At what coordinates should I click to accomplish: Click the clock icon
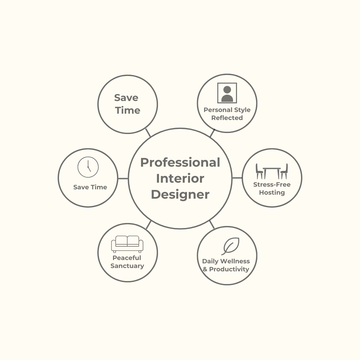[88, 167]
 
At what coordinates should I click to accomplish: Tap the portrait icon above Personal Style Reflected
[227, 93]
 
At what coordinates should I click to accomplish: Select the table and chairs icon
[272, 171]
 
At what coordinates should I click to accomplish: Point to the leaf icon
[231, 246]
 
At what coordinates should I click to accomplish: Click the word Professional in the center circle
[180, 162]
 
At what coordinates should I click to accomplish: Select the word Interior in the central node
[180, 178]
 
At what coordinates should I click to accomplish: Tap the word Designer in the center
[180, 194]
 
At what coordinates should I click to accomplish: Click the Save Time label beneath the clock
[90, 187]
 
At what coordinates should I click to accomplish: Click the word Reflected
[227, 118]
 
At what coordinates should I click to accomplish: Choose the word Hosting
[272, 193]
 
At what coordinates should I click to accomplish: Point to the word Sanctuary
[127, 266]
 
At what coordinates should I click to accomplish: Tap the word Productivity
[229, 269]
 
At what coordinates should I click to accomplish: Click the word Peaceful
[127, 258]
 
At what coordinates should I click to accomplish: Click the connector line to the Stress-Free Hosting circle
[237, 178]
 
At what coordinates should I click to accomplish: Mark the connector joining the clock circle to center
[123, 178]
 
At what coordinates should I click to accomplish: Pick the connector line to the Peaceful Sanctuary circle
[149, 225]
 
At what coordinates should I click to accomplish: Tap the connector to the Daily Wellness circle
[212, 225]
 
